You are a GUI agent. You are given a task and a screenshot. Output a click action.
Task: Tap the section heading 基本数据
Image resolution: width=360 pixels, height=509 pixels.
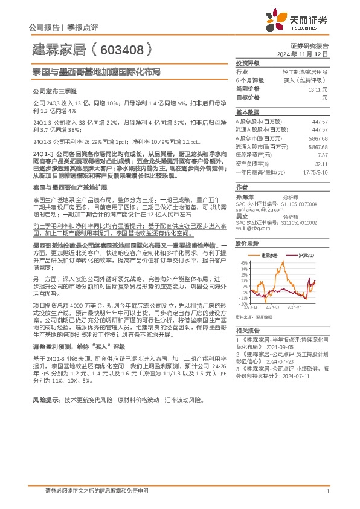pos(247,112)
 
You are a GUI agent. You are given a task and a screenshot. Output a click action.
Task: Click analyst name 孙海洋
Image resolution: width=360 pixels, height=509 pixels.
pos(245,197)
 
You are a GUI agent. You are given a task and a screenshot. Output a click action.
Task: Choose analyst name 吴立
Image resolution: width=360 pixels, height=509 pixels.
pos(242,216)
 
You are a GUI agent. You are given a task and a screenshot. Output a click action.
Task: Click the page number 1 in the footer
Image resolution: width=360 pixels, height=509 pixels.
pos(327,490)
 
